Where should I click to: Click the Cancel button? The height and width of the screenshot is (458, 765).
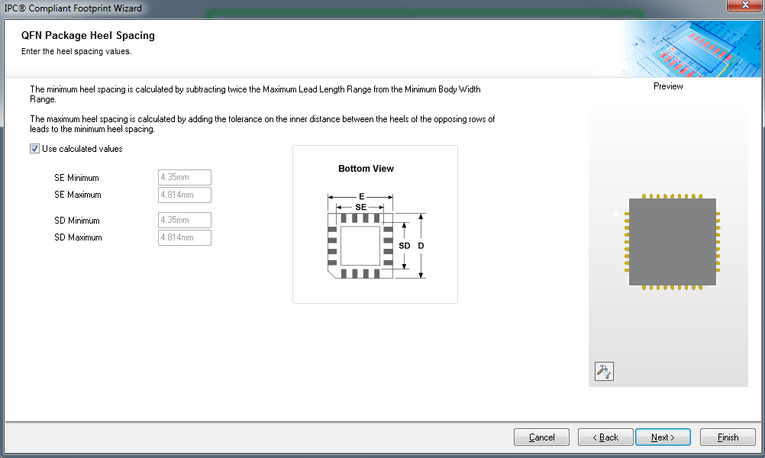coord(541,437)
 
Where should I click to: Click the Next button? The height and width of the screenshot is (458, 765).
coord(663,437)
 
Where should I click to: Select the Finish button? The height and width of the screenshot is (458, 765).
coord(728,437)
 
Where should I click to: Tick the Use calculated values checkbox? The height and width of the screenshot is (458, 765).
coord(34,149)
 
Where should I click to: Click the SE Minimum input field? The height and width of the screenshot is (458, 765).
coord(185,177)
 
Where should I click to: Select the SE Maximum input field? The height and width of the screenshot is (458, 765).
coord(185,195)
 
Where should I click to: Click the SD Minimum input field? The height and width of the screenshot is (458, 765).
coord(185,220)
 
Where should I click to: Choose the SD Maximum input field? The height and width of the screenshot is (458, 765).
coord(185,237)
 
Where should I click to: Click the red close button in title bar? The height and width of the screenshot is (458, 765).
coord(744,5)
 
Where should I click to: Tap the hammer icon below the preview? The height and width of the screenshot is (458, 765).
coord(604,372)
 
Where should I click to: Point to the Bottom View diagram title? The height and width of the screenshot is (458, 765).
coord(366,169)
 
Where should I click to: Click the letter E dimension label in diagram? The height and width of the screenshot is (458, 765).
coord(362,197)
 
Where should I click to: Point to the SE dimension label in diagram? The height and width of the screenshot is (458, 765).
coord(360,208)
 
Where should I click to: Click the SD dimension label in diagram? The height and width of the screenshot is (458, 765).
coord(405,246)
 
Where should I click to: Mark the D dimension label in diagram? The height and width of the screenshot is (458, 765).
coord(421,246)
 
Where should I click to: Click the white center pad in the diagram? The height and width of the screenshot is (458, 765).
coord(360,246)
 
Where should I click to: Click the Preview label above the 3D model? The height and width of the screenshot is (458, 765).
coord(668,86)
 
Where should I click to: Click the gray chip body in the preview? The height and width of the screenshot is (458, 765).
coord(673,242)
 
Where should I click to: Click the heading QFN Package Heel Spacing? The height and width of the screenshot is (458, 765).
coord(88,36)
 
